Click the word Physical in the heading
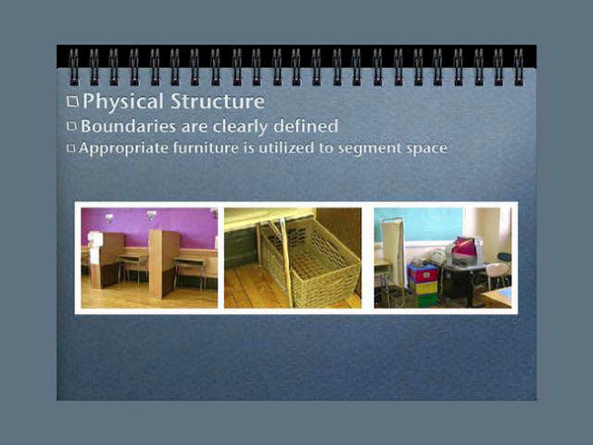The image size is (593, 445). [x=123, y=102]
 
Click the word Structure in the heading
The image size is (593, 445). [x=218, y=101]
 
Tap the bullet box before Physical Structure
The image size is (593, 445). [x=73, y=102]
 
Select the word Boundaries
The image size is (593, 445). [x=128, y=126]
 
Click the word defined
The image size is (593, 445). [x=306, y=126]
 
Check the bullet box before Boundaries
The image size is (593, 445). [x=72, y=126]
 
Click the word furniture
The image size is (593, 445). [x=206, y=148]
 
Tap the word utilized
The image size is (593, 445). [x=286, y=148]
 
